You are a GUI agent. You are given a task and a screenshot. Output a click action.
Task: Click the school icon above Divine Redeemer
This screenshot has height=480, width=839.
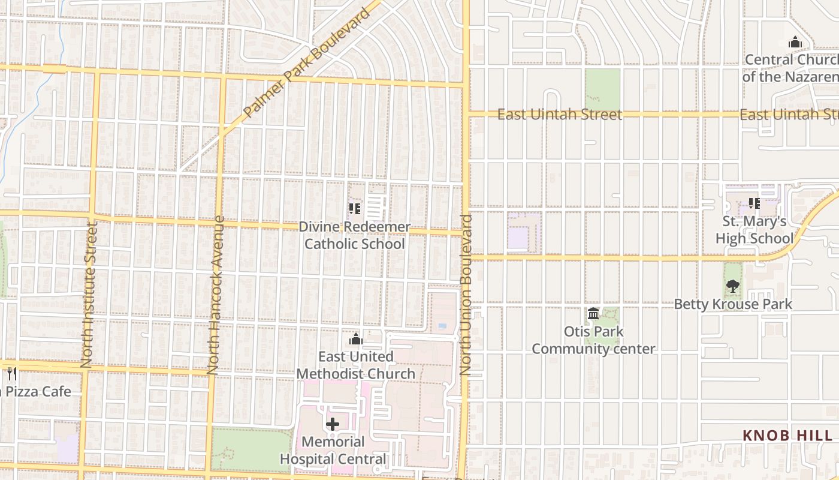click(x=354, y=208)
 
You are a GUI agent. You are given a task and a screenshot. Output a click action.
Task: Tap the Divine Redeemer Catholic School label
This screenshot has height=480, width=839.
click(x=354, y=235)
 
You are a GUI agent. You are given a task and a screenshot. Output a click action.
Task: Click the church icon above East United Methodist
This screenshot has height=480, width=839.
click(x=356, y=340)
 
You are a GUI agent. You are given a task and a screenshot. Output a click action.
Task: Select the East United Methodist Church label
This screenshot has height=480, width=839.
click(x=356, y=365)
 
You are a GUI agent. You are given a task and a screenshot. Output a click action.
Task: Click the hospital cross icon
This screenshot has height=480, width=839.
click(x=333, y=424)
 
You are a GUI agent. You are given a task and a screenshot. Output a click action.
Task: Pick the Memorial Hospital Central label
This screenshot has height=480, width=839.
click(x=333, y=451)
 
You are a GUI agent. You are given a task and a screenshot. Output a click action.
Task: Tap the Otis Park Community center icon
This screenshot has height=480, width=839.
click(x=593, y=313)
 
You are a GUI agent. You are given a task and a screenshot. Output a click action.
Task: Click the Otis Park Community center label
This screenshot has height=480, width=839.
click(x=593, y=340)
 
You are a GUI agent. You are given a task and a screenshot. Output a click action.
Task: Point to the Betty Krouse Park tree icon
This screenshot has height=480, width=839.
click(x=732, y=286)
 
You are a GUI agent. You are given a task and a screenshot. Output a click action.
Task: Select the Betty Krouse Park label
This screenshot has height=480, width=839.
click(x=732, y=304)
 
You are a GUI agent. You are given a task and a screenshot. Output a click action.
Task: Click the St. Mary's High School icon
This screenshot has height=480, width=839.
click(x=754, y=203)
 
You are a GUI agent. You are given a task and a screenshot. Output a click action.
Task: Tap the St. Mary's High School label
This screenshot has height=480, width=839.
click(x=754, y=230)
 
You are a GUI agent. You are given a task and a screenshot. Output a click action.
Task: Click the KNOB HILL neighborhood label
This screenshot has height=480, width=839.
click(x=787, y=436)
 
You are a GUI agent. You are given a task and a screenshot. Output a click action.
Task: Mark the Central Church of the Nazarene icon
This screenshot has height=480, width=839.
click(x=795, y=42)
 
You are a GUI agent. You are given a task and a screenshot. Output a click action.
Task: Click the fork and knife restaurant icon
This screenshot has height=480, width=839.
click(x=11, y=373)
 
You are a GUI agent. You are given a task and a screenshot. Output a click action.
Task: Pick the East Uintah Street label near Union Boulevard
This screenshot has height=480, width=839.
click(x=560, y=114)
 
